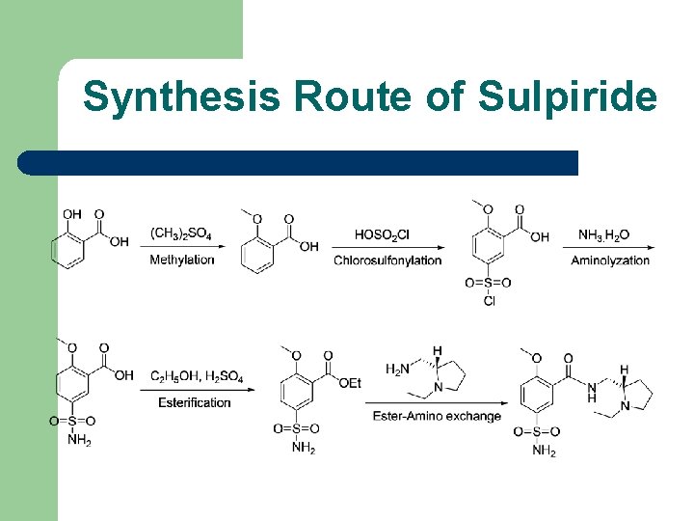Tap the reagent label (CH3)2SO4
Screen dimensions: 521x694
(x=181, y=233)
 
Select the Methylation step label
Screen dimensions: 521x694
(x=181, y=260)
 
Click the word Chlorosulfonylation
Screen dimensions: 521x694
(x=387, y=260)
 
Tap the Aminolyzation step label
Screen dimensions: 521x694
(x=610, y=260)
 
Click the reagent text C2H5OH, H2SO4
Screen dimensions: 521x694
(x=197, y=375)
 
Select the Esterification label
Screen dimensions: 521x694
(x=195, y=401)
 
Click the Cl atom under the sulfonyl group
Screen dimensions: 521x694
(x=489, y=301)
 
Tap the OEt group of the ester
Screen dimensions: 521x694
(x=350, y=383)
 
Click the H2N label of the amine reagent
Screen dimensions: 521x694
(x=398, y=370)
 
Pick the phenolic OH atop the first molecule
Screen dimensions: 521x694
(x=72, y=214)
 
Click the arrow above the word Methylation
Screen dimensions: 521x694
(x=183, y=247)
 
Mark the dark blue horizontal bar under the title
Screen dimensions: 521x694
(x=299, y=162)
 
